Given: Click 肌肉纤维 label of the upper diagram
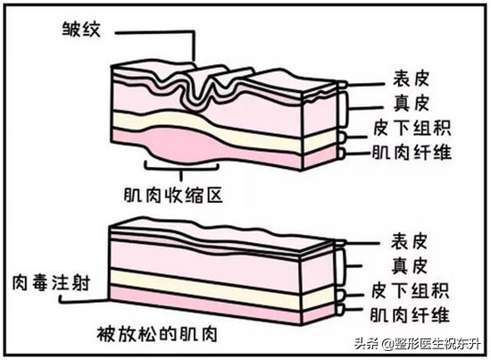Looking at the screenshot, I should click(x=411, y=152).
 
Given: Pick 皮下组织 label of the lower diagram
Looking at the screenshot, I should click(x=411, y=291).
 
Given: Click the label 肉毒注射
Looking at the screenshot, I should click(x=51, y=281).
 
